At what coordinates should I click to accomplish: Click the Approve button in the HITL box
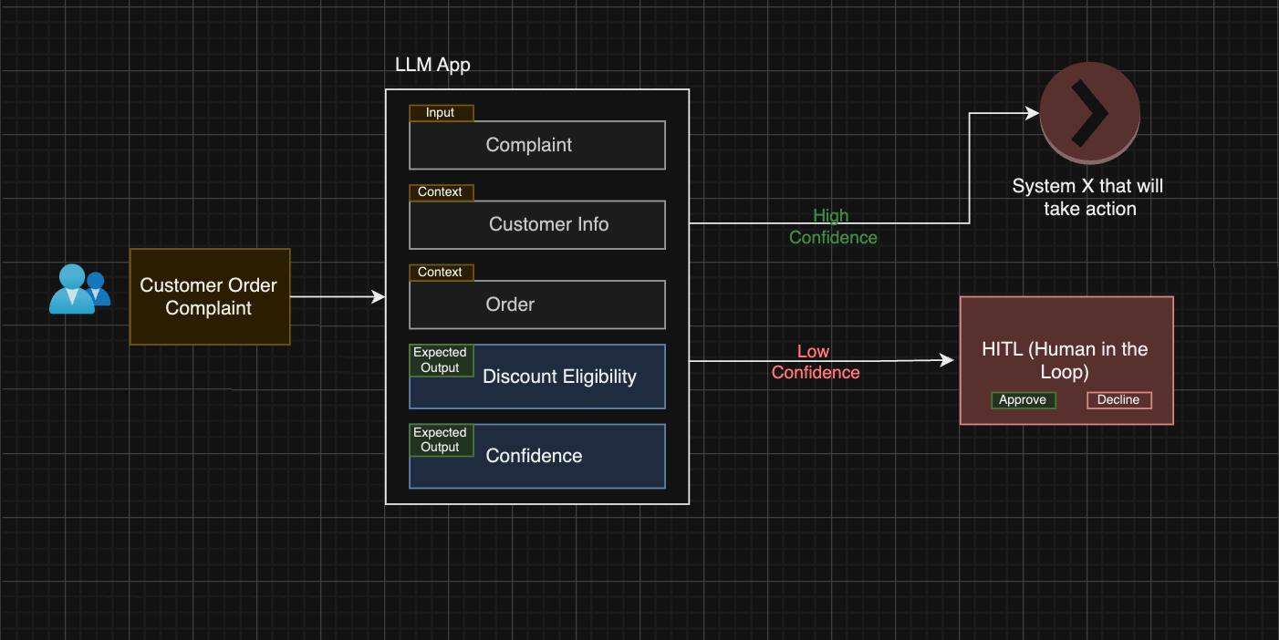1023,400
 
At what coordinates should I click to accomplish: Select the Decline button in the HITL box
1118,400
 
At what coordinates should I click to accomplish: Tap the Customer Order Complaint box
209,296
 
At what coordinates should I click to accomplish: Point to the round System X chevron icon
1089,113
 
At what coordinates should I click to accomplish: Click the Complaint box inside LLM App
536,145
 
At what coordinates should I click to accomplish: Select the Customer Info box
536,224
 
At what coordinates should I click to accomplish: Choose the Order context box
536,305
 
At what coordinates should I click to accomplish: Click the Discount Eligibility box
558,377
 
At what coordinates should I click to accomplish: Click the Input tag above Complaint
441,113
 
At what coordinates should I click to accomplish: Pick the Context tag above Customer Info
441,192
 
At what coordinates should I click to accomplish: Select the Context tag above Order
441,273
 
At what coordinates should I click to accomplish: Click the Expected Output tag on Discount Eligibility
441,360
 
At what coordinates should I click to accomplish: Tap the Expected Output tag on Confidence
441,439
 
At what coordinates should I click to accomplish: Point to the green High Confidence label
833,226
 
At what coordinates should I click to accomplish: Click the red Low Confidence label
816,362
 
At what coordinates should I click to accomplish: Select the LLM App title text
432,65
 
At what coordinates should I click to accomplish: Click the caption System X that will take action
1088,197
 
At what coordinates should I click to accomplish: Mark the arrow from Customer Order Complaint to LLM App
338,296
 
